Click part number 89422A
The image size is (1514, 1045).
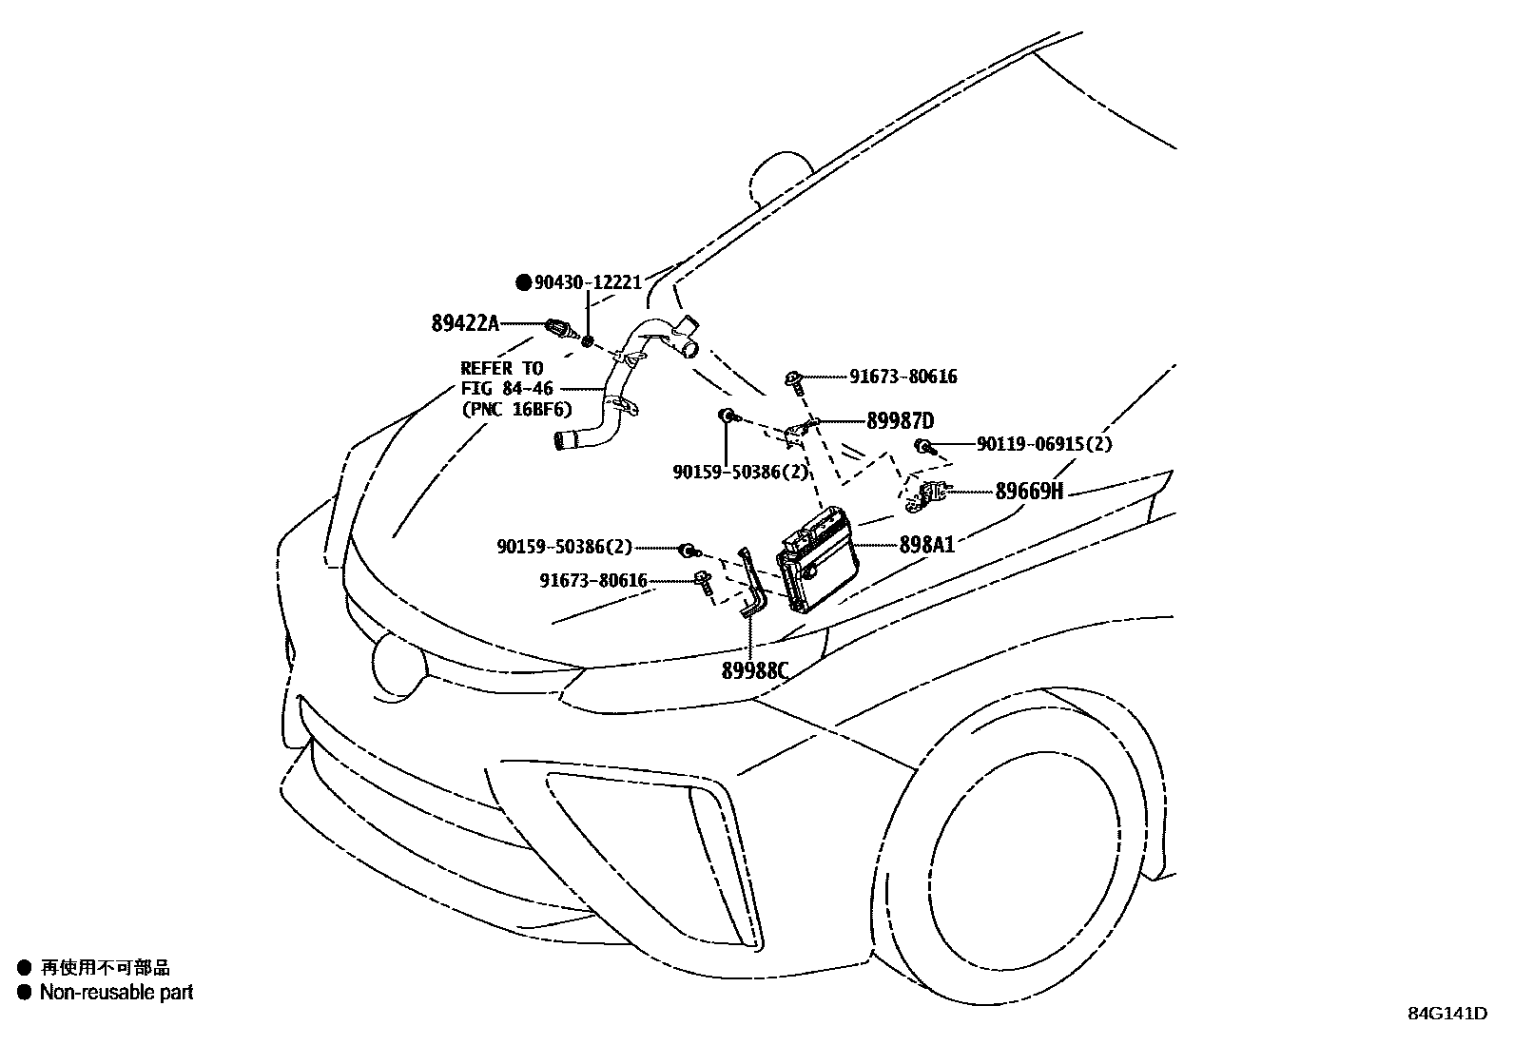464,323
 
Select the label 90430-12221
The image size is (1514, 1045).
588,282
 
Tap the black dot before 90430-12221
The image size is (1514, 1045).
523,282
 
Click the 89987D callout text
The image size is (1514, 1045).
900,421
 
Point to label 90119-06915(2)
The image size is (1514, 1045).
1044,444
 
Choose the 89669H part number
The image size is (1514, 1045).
1028,492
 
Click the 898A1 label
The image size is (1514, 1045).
926,545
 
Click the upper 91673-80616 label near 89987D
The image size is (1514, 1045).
903,377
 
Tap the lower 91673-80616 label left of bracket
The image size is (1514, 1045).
592,580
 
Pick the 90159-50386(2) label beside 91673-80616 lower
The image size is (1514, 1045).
563,547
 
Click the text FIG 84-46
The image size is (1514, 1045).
507,389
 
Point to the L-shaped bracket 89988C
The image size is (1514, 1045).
753,590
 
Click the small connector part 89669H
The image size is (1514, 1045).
930,493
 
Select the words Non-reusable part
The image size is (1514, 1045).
116,993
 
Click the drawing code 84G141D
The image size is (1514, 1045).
1446,1013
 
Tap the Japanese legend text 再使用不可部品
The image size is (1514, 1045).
105,968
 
